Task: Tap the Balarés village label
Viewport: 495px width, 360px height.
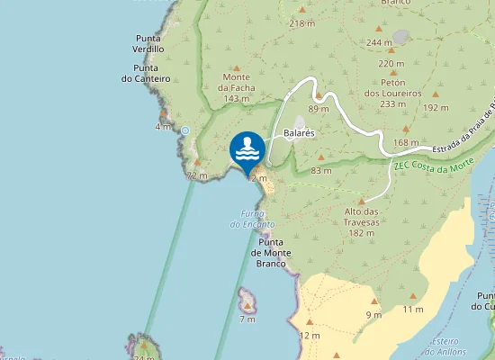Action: tap(299, 133)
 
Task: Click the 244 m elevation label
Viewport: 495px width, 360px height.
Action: tap(379, 42)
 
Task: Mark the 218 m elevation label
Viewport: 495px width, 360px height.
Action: tap(302, 22)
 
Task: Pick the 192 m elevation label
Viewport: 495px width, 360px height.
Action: tap(435, 108)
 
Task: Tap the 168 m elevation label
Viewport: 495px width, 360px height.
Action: tap(406, 142)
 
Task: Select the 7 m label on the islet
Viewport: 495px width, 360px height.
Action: tap(247, 319)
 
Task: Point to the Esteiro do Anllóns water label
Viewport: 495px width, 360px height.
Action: tap(445, 346)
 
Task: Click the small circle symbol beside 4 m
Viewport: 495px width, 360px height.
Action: tap(185, 130)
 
